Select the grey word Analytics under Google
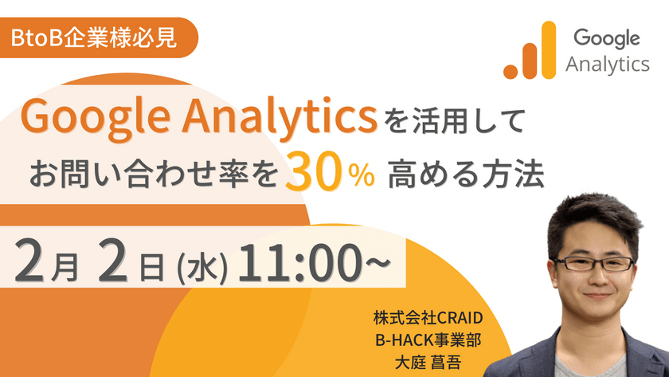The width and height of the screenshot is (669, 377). point(607,65)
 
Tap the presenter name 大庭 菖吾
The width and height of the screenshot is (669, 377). point(429,361)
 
